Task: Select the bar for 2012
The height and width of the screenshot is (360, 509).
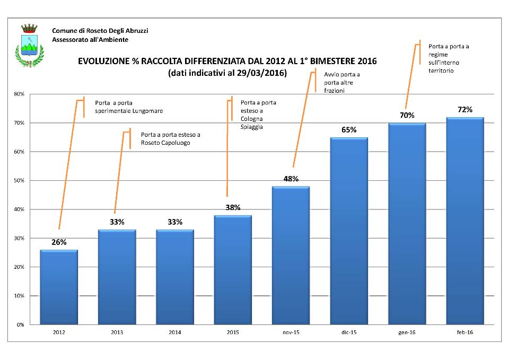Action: [59, 287]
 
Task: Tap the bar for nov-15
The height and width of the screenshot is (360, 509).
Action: [291, 255]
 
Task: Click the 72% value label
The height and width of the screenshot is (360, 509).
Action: [464, 110]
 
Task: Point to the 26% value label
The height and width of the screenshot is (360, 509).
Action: [59, 242]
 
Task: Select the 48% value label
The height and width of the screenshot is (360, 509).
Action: [291, 179]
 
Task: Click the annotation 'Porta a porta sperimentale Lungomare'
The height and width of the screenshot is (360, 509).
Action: [128, 107]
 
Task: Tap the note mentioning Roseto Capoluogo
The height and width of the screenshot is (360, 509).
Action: [170, 139]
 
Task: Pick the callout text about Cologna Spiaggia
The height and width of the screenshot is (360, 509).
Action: [259, 115]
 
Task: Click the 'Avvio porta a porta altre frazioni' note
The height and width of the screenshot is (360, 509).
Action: [341, 83]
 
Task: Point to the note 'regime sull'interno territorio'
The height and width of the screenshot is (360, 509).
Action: [449, 58]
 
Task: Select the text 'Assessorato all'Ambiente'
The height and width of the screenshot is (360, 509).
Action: [90, 40]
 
